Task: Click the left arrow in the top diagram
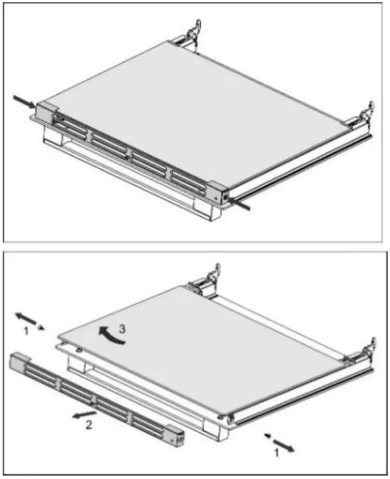pyautogui.click(x=24, y=101)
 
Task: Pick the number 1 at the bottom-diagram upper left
pyautogui.click(x=24, y=329)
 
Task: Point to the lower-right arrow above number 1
pyautogui.click(x=284, y=445)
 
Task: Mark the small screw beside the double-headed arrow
pyautogui.click(x=40, y=328)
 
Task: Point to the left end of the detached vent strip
pyautogui.click(x=18, y=359)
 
